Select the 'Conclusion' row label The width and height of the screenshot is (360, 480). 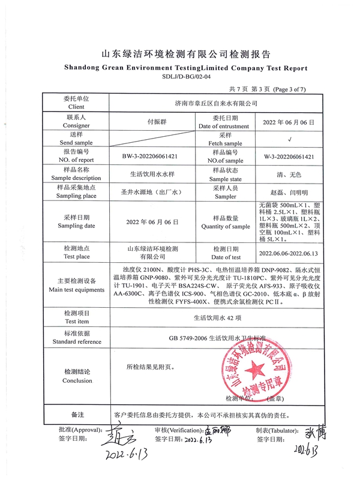pyautogui.click(x=77, y=380)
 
